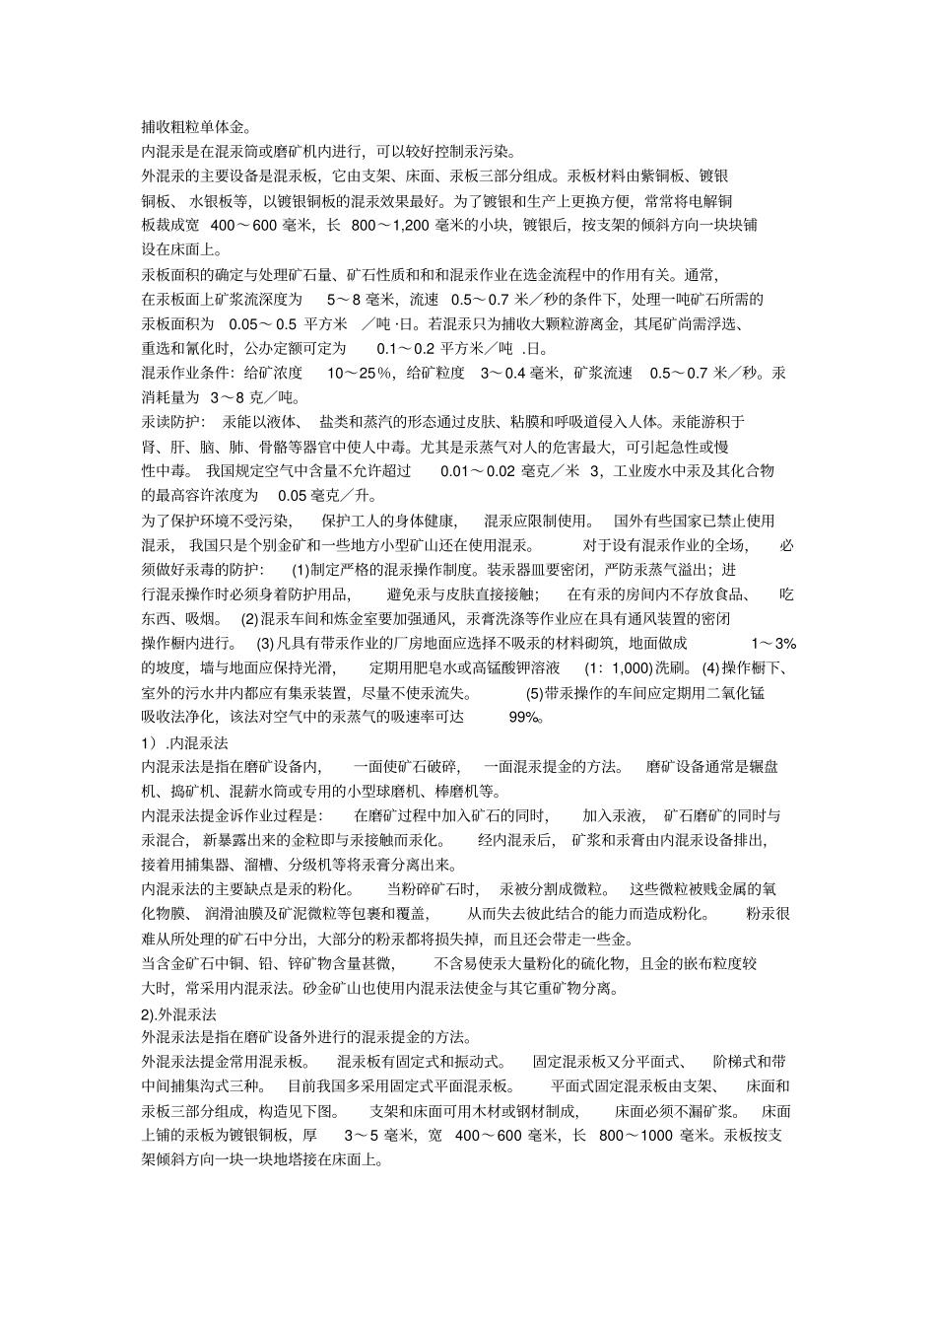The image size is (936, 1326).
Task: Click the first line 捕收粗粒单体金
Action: (196, 126)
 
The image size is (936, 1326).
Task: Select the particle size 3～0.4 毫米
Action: (519, 373)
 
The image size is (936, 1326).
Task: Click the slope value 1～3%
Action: (772, 644)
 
